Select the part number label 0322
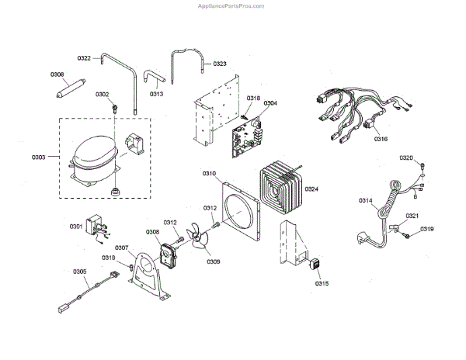(x=85, y=58)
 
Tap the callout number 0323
(x=219, y=64)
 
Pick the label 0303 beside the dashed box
(x=39, y=157)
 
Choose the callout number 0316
(x=381, y=139)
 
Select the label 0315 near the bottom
(x=322, y=283)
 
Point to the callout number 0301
(x=75, y=226)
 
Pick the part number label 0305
(x=79, y=272)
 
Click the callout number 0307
(x=122, y=247)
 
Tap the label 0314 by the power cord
(x=365, y=201)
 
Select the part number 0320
(x=406, y=157)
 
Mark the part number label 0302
(x=102, y=94)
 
